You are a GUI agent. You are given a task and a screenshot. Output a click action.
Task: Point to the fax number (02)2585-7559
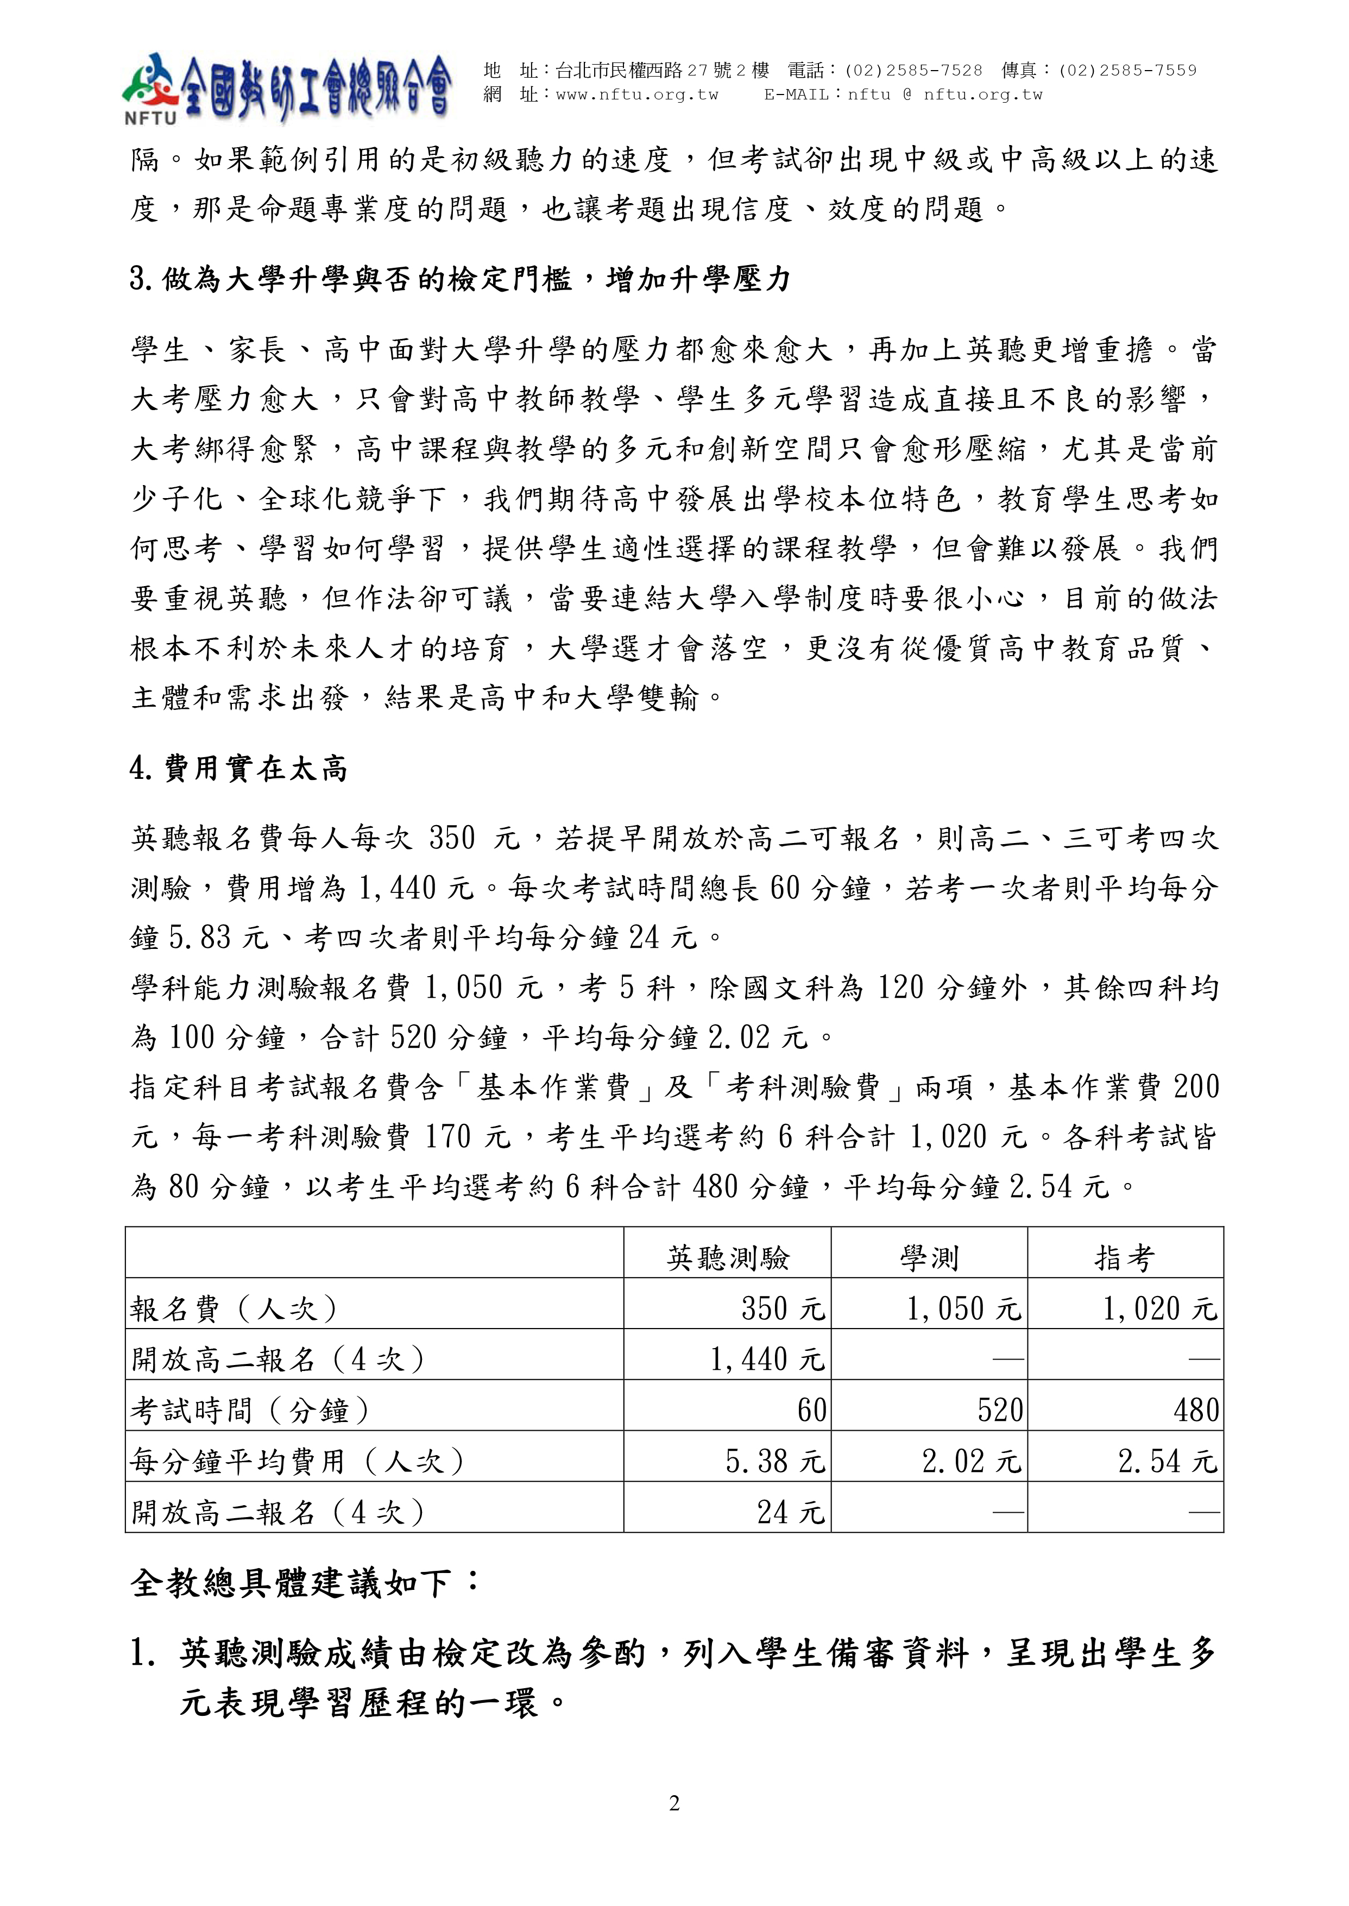pyautogui.click(x=1127, y=71)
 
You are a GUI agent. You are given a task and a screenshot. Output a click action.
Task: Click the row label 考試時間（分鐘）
pyautogui.click(x=249, y=1410)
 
